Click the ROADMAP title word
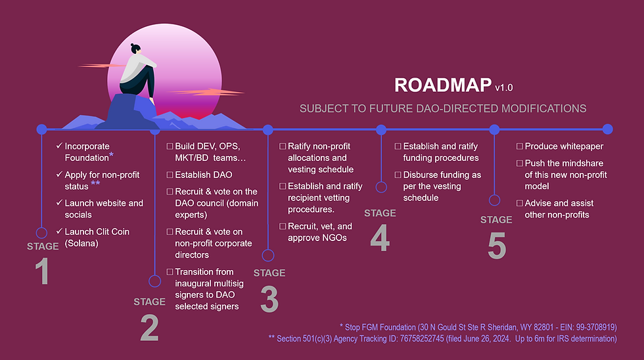[442, 85]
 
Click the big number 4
[380, 238]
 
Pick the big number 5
[497, 246]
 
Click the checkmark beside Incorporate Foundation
[59, 146]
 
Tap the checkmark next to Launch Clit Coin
[59, 231]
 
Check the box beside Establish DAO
[170, 175]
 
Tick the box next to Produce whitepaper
[520, 146]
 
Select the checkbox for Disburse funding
[398, 175]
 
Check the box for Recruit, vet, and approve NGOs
[283, 226]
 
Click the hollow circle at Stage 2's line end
[154, 281]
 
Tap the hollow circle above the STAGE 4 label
[380, 187]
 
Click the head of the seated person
[135, 49]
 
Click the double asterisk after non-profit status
[95, 185]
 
